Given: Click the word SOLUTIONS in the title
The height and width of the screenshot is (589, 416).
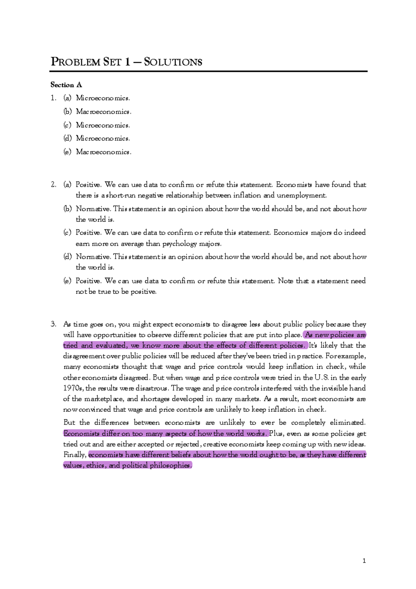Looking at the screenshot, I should point(173,62).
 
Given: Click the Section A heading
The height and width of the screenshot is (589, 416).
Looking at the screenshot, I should point(66,85).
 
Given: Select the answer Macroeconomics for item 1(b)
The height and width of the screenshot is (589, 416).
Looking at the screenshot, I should point(104,112).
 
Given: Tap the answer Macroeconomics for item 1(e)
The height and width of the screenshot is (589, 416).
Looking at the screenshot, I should point(104,152).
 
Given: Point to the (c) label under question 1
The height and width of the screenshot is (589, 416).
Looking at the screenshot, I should point(67,125).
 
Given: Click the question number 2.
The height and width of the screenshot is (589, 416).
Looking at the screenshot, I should point(53,185).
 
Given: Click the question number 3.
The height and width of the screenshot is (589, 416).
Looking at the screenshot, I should point(53,324).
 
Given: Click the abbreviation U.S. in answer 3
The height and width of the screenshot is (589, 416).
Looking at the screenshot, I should point(321,377).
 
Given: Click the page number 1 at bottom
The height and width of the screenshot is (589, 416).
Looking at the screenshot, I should point(364,561).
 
